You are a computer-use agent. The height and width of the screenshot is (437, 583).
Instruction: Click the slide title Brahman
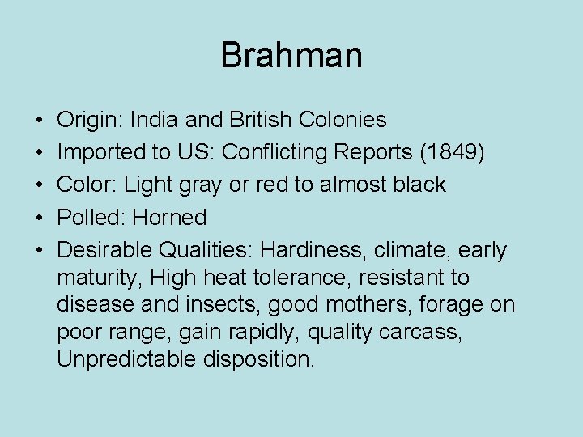click(291, 55)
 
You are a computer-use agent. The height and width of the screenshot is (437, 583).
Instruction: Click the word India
click(155, 120)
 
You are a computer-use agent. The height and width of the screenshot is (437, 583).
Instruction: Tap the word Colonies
click(343, 120)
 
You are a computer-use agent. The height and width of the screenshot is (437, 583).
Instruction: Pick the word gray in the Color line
click(204, 185)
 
